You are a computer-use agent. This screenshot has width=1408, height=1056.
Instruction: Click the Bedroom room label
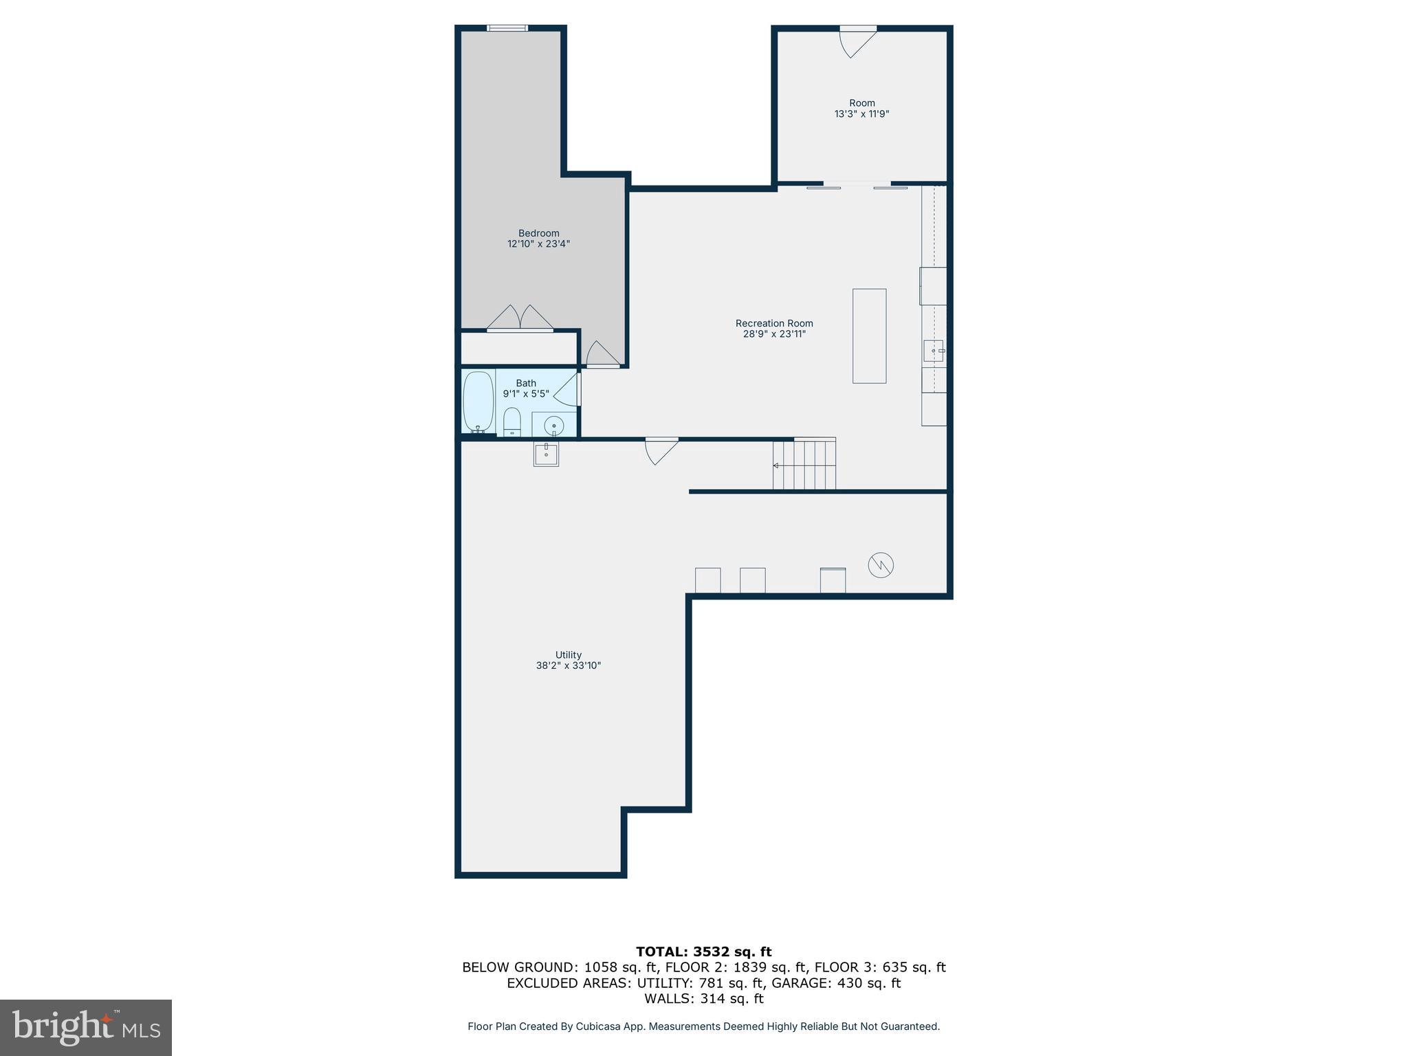(x=538, y=233)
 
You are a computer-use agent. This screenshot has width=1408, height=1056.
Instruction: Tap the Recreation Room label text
(x=774, y=323)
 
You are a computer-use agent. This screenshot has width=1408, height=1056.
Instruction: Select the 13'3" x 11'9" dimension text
(x=861, y=114)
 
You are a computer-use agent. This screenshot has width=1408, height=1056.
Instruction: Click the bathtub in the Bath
(x=478, y=401)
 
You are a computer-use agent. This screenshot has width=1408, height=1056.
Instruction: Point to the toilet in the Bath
(x=512, y=421)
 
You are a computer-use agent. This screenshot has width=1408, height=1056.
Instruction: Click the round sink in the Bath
(x=554, y=426)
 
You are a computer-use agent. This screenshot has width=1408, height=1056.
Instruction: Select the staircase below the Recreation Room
(x=804, y=465)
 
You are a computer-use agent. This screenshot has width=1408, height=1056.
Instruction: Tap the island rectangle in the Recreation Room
(x=869, y=335)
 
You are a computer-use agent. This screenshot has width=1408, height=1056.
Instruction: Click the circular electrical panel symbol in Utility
(x=881, y=565)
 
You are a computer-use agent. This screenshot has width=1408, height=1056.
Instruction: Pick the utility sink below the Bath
(x=546, y=454)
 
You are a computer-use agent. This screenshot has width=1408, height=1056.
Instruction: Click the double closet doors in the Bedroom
(x=520, y=318)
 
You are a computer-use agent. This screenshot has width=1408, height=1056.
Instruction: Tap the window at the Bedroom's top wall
(x=507, y=28)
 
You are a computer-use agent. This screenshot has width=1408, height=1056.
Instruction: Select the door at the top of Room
(x=857, y=41)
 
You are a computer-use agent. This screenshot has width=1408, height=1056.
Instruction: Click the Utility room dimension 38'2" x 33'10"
(x=569, y=665)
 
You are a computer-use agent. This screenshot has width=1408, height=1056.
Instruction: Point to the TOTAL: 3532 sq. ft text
(x=703, y=951)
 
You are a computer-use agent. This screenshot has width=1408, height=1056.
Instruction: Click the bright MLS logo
(x=86, y=1027)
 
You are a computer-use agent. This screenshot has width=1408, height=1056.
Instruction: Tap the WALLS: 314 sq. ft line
(x=703, y=998)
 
